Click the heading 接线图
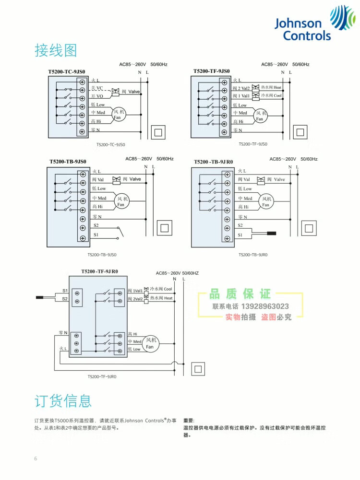coord(56,50)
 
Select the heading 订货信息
coord(62,401)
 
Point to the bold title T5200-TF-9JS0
coord(211,71)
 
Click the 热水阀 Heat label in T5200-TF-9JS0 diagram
coord(271,88)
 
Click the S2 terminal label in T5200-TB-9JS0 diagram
coord(96,225)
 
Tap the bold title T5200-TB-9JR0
coord(213,162)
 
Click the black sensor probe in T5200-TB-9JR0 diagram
coord(272,234)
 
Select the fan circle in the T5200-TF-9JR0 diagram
coord(150,343)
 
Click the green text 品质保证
coord(240,293)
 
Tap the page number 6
coord(35,458)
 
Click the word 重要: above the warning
coord(189,420)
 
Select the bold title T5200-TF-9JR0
coord(99,271)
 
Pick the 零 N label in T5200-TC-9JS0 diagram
coord(96,130)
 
